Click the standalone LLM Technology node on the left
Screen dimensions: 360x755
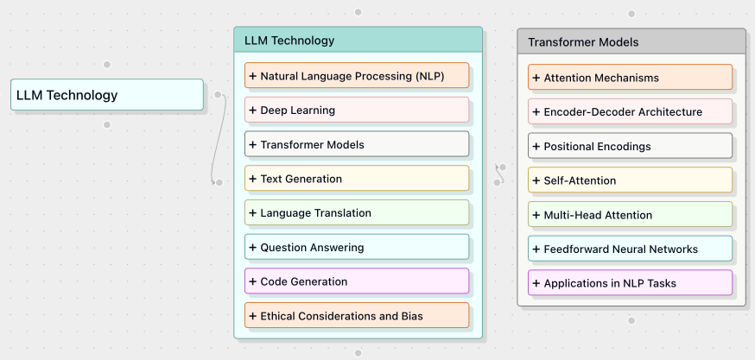pyautogui.click(x=107, y=95)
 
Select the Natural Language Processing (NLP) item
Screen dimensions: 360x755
pyautogui.click(x=357, y=76)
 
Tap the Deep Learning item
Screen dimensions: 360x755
pyautogui.click(x=357, y=111)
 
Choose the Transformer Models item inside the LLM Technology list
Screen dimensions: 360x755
pyautogui.click(x=357, y=145)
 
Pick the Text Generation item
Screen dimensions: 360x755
pyautogui.click(x=357, y=179)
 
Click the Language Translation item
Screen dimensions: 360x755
pyautogui.click(x=357, y=213)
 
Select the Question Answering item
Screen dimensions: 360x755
pyautogui.click(x=357, y=248)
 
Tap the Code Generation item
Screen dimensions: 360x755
pyautogui.click(x=357, y=281)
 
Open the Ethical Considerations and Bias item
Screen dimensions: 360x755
pyautogui.click(x=357, y=316)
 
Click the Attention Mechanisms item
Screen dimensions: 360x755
pyautogui.click(x=630, y=78)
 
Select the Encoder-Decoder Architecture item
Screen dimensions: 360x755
pyautogui.click(x=630, y=112)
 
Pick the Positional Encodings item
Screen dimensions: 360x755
pyautogui.click(x=630, y=147)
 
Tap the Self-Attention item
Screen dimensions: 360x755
pyautogui.click(x=630, y=180)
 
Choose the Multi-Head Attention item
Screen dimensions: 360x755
pyautogui.click(x=630, y=215)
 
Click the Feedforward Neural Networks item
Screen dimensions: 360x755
pyautogui.click(x=630, y=249)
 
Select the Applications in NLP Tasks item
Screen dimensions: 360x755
pyautogui.click(x=630, y=283)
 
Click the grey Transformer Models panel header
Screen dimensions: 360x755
pyautogui.click(x=631, y=42)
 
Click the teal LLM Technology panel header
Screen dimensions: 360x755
pyautogui.click(x=358, y=41)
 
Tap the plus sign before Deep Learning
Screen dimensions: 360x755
pyautogui.click(x=253, y=111)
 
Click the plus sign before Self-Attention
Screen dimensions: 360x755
pyautogui.click(x=536, y=180)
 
